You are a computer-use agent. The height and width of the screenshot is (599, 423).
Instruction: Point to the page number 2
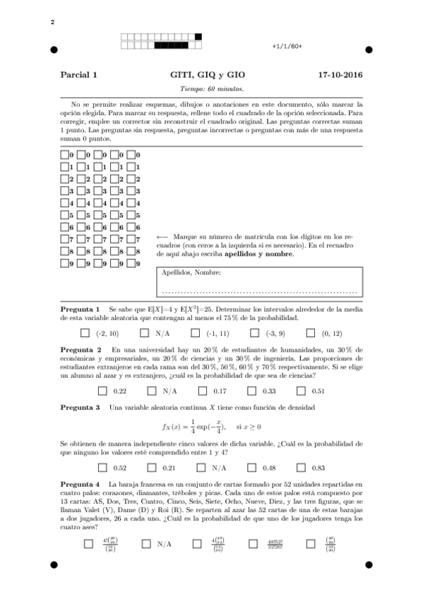tap(52, 23)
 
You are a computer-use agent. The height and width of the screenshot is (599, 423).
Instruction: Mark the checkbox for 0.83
tap(301, 468)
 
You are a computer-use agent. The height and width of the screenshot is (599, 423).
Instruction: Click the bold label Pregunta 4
tap(80, 482)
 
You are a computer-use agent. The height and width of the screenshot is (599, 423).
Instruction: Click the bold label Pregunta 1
tap(80, 309)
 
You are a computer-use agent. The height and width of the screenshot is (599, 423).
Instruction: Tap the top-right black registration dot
tap(369, 50)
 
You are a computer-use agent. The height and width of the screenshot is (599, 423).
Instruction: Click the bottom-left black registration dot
tap(54, 564)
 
